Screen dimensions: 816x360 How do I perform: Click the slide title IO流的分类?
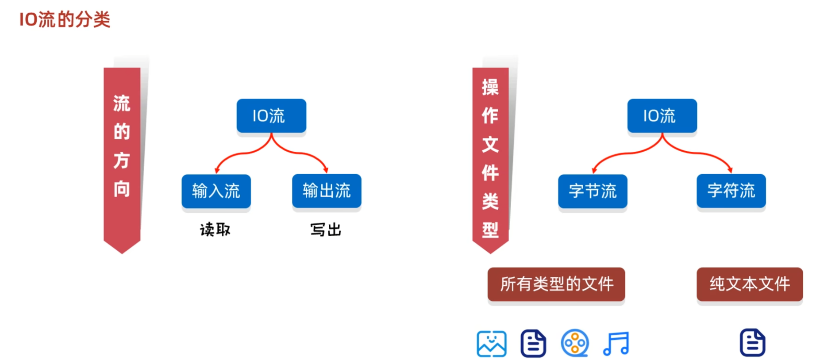[x=65, y=19]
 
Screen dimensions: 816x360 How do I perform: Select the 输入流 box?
[x=216, y=191]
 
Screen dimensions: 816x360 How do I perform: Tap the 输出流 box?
[x=327, y=191]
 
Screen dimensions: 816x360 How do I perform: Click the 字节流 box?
[x=593, y=191]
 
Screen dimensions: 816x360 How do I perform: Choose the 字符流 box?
[x=731, y=191]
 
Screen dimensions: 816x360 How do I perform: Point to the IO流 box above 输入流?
[x=271, y=116]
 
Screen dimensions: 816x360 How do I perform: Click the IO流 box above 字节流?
[x=662, y=116]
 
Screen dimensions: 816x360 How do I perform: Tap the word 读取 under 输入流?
[x=215, y=230]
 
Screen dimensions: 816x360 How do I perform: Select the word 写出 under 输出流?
[x=326, y=230]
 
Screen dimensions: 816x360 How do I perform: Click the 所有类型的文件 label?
[x=556, y=284]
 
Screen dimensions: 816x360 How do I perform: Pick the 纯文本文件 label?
[x=750, y=284]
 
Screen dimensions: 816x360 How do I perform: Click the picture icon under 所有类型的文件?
[x=492, y=343]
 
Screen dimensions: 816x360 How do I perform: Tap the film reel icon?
[x=574, y=343]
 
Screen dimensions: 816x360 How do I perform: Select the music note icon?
[x=616, y=343]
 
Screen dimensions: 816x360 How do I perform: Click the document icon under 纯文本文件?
[x=752, y=342]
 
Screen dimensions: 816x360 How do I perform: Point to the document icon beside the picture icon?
[x=533, y=343]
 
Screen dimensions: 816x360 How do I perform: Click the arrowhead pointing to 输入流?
[x=217, y=170]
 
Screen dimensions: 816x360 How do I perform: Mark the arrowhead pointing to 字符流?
[x=730, y=170]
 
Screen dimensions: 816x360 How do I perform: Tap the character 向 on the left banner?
[x=122, y=189]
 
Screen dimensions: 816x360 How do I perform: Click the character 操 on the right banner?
[x=490, y=87]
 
